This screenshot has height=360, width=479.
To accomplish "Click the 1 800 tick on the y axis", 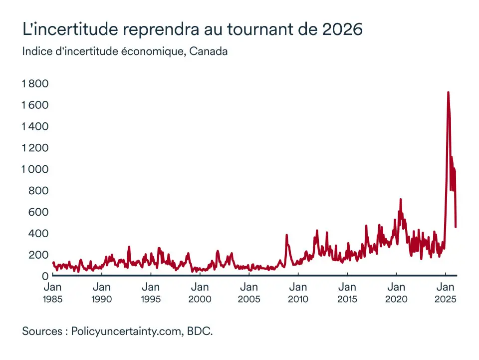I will click(34, 83).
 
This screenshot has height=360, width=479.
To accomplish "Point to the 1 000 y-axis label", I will click(34, 169).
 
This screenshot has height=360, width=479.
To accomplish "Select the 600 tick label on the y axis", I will click(38, 212).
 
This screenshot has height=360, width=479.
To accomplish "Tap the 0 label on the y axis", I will click(44, 276).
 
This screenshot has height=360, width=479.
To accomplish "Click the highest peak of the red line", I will click(448, 92).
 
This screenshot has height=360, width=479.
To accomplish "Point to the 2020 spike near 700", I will click(400, 199).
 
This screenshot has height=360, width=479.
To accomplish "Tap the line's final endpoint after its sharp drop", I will click(456, 227).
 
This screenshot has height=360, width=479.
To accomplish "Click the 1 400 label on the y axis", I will click(34, 126).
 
